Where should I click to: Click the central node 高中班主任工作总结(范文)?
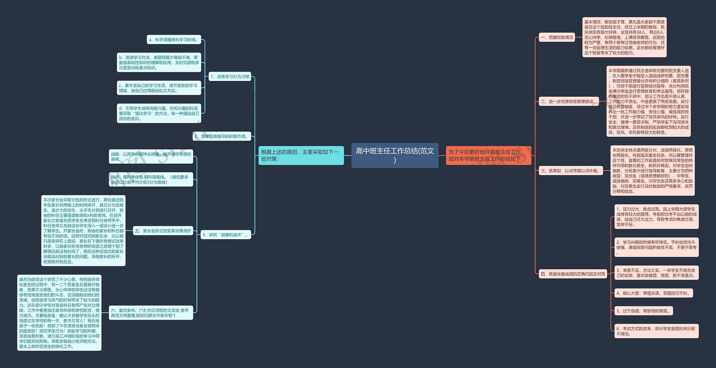pos(395,155)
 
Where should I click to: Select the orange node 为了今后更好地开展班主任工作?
pos(488,155)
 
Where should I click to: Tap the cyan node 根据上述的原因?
pos(301,155)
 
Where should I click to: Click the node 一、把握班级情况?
pos(557,37)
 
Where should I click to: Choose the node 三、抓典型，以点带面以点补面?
pos(571,171)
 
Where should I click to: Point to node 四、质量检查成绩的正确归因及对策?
pos(573,274)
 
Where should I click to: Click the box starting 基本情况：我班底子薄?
pos(624,37)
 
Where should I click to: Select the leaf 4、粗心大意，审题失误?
pos(653,293)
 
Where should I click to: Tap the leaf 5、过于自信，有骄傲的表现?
pos(643,311)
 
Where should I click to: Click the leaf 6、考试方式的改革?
pos(656,331)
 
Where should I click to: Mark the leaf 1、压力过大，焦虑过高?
pos(656,217)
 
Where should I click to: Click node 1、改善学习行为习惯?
pos(230,77)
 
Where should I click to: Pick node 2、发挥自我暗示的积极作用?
pos(222,136)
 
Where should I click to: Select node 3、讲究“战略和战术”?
pos(225,235)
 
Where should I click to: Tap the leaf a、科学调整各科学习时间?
pos(174,40)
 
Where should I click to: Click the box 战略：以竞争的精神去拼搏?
pos(151,157)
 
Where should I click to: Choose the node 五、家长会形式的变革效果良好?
pos(163,231)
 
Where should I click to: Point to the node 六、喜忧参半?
pos(151,313)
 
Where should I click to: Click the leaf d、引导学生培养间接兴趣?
pos(159,113)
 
